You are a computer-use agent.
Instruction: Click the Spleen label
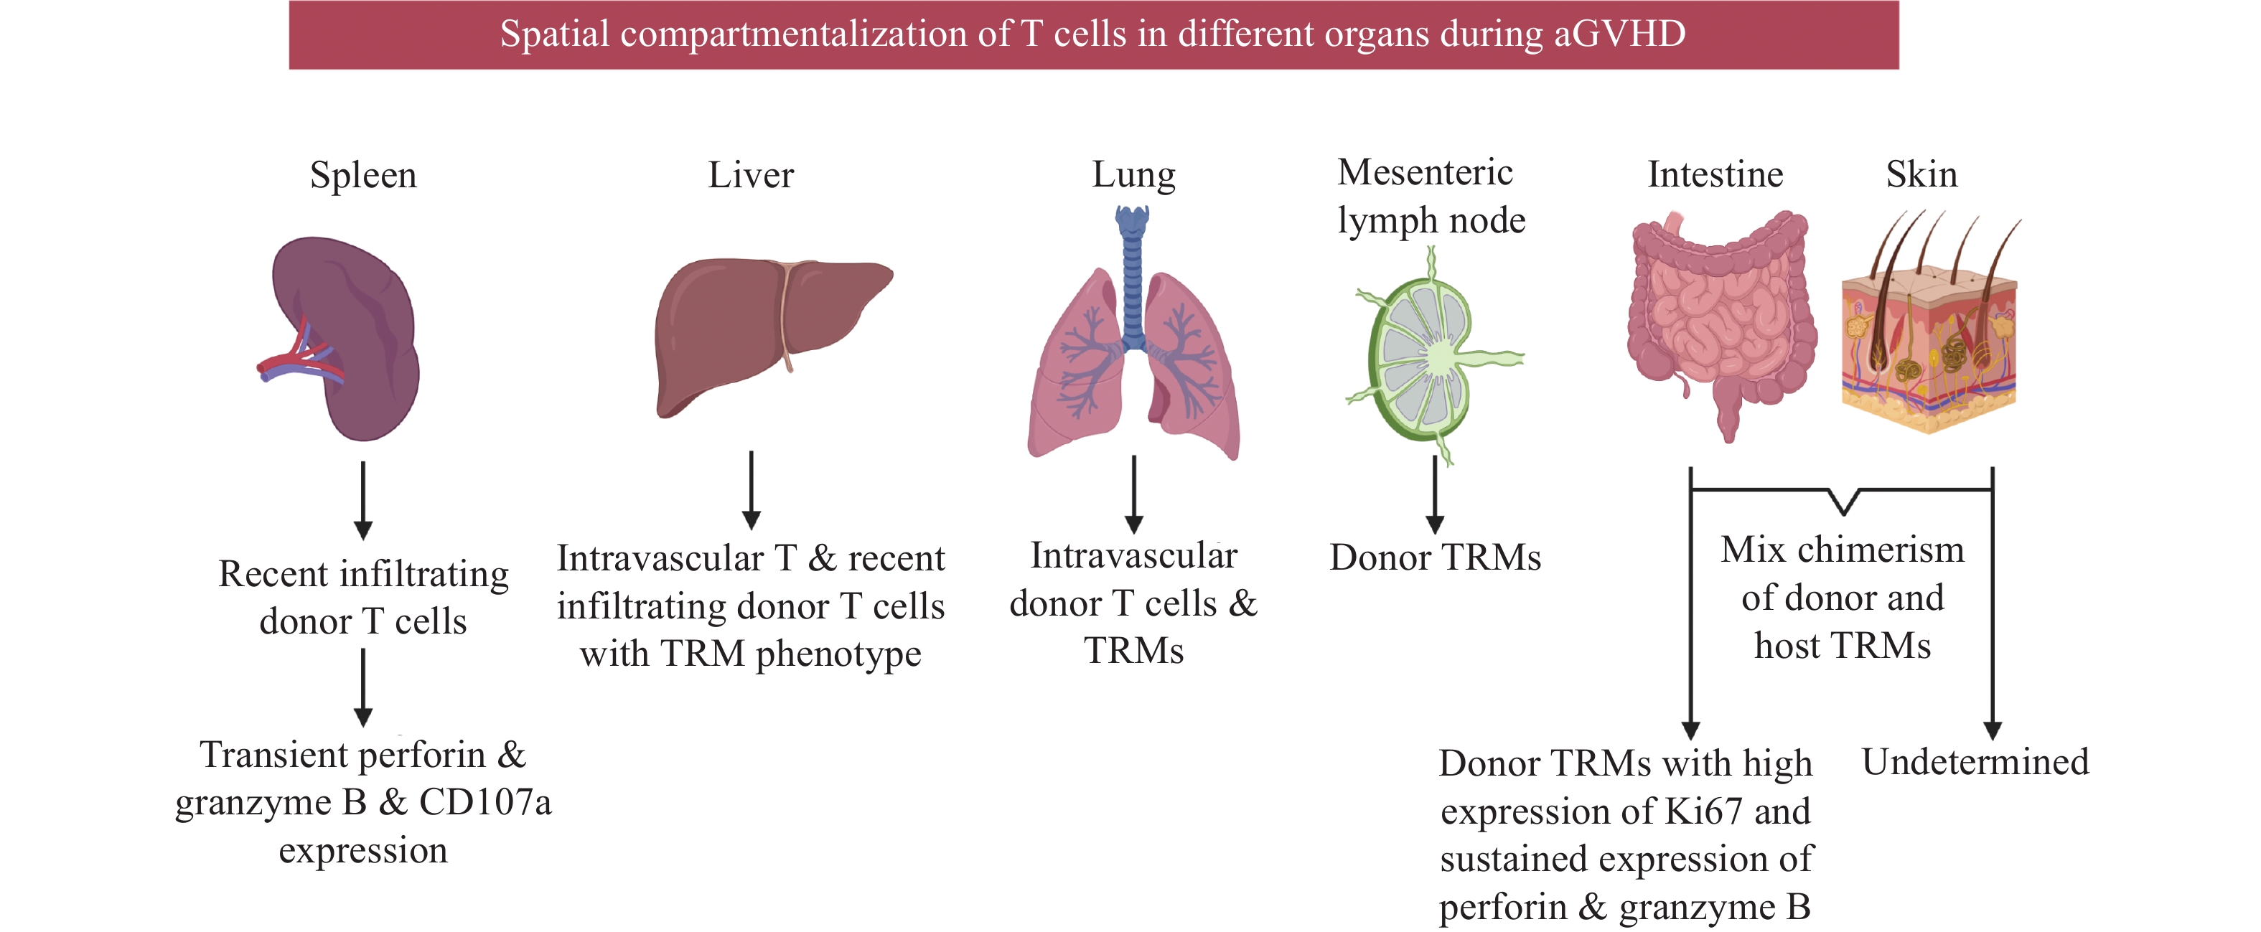(362, 176)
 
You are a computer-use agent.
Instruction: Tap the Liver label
(751, 176)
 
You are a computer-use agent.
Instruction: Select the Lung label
(1133, 176)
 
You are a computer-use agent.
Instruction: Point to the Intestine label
(1715, 174)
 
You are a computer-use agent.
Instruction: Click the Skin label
(1921, 174)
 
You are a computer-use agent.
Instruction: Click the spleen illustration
(351, 338)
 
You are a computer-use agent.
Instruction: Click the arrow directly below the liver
(752, 490)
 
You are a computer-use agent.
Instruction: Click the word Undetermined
(1975, 762)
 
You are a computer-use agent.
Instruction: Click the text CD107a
(484, 802)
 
